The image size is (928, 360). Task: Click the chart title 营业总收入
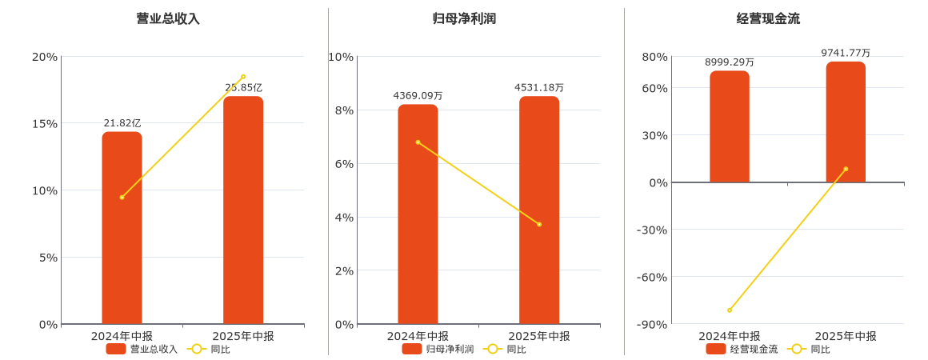[168, 18]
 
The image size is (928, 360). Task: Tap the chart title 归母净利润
[464, 18]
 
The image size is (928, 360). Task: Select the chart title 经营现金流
[768, 18]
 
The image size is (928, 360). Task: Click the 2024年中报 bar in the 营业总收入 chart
[122, 228]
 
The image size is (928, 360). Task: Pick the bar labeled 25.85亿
[243, 210]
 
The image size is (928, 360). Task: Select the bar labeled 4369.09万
[418, 214]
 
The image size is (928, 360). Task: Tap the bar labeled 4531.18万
[539, 210]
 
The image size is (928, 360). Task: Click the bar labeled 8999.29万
[730, 126]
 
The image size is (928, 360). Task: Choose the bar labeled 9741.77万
[846, 122]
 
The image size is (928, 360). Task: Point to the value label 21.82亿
[122, 123]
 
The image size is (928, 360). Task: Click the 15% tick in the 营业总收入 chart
[44, 123]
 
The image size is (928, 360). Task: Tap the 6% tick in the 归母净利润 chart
[342, 164]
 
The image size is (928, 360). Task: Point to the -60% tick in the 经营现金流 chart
[651, 278]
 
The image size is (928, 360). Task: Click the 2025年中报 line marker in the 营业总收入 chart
[243, 77]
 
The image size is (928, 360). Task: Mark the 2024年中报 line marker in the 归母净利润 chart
[418, 142]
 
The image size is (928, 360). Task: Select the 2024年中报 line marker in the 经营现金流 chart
[730, 310]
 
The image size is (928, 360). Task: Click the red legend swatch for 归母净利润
[411, 349]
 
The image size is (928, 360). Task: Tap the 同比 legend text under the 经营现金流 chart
[820, 349]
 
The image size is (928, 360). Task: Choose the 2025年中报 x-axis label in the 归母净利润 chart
[539, 336]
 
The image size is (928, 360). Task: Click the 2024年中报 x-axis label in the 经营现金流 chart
[730, 336]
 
